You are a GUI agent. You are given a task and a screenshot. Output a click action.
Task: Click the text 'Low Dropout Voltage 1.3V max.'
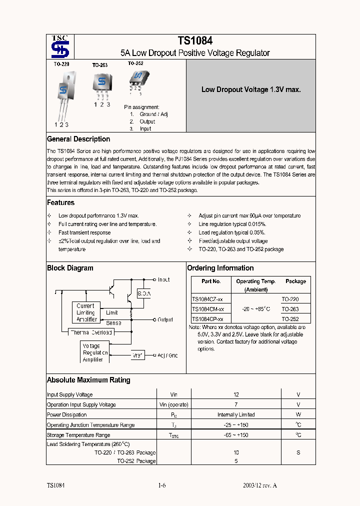[250, 90]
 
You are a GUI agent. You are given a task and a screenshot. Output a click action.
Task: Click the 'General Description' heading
[78, 139]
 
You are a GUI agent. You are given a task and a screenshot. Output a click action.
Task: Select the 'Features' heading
[60, 202]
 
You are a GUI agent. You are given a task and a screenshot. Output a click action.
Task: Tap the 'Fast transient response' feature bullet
[84, 232]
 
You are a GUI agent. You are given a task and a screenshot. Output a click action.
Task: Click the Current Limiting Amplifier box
[85, 312]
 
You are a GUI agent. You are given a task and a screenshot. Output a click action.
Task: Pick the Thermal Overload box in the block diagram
[91, 332]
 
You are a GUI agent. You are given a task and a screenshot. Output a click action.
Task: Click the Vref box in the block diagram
[138, 355]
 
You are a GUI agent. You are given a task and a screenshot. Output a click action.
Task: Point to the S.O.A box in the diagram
[144, 293]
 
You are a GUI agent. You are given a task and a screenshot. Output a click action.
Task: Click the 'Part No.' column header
[211, 281]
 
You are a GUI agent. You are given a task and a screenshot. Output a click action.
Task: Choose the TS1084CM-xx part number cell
[207, 309]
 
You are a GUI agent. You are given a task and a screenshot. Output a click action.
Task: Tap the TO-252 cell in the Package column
[290, 318]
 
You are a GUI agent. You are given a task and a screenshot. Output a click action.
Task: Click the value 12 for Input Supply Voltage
[236, 394]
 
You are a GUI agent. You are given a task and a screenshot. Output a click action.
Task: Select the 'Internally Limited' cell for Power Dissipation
[236, 414]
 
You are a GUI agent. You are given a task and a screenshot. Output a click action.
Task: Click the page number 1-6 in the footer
[161, 485]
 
